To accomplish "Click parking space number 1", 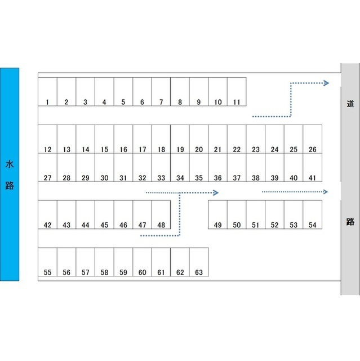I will tap(47, 92).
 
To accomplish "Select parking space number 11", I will tap(237, 92).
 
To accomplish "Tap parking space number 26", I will tap(312, 139).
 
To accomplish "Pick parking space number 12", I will tap(47, 139).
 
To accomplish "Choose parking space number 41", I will tap(312, 168).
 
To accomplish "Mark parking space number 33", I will tap(161, 168).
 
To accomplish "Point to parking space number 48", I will tap(161, 215).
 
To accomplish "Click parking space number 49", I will tap(218, 215).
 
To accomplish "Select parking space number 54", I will tap(312, 215).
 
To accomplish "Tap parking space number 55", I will tap(47, 262).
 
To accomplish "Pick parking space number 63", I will tap(199, 262).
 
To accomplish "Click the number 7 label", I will tap(161, 102).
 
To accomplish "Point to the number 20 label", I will tap(199, 149).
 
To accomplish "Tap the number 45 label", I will tap(104, 225).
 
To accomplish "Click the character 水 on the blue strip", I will tap(10, 165).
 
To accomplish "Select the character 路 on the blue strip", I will tap(10, 186).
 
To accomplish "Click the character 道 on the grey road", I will tap(350, 104).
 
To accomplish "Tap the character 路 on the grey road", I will tap(350, 222).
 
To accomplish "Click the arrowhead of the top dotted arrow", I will tap(326, 83).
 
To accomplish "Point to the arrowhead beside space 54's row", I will tap(326, 192).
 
